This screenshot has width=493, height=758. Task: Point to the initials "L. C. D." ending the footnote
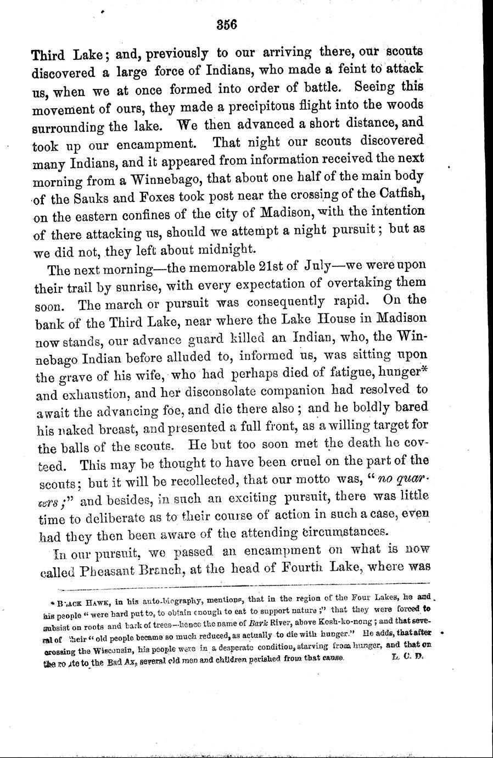tap(404, 656)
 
